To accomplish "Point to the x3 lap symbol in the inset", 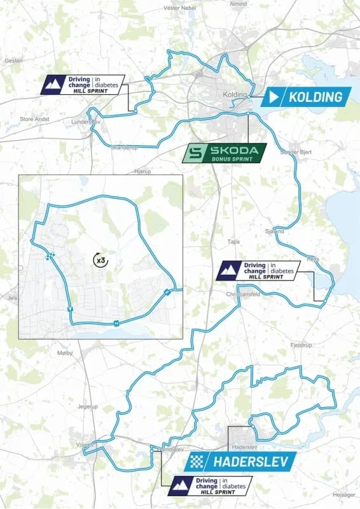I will click(x=100, y=260).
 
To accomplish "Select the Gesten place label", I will click(x=13, y=60).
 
